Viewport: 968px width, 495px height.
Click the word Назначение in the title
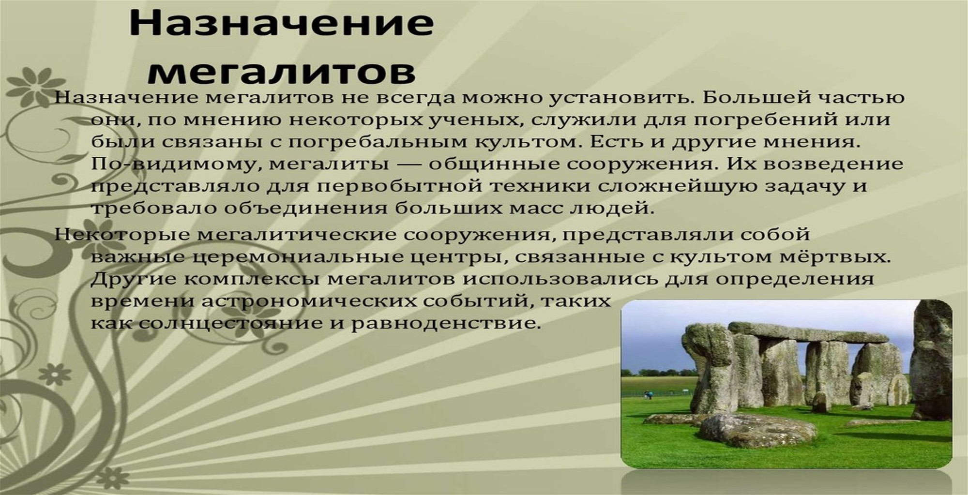coord(281,23)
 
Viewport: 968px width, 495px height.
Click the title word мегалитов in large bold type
coord(282,72)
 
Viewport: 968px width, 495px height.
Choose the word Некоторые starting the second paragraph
coord(123,235)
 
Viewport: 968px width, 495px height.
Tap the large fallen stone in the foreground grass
coord(758,430)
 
